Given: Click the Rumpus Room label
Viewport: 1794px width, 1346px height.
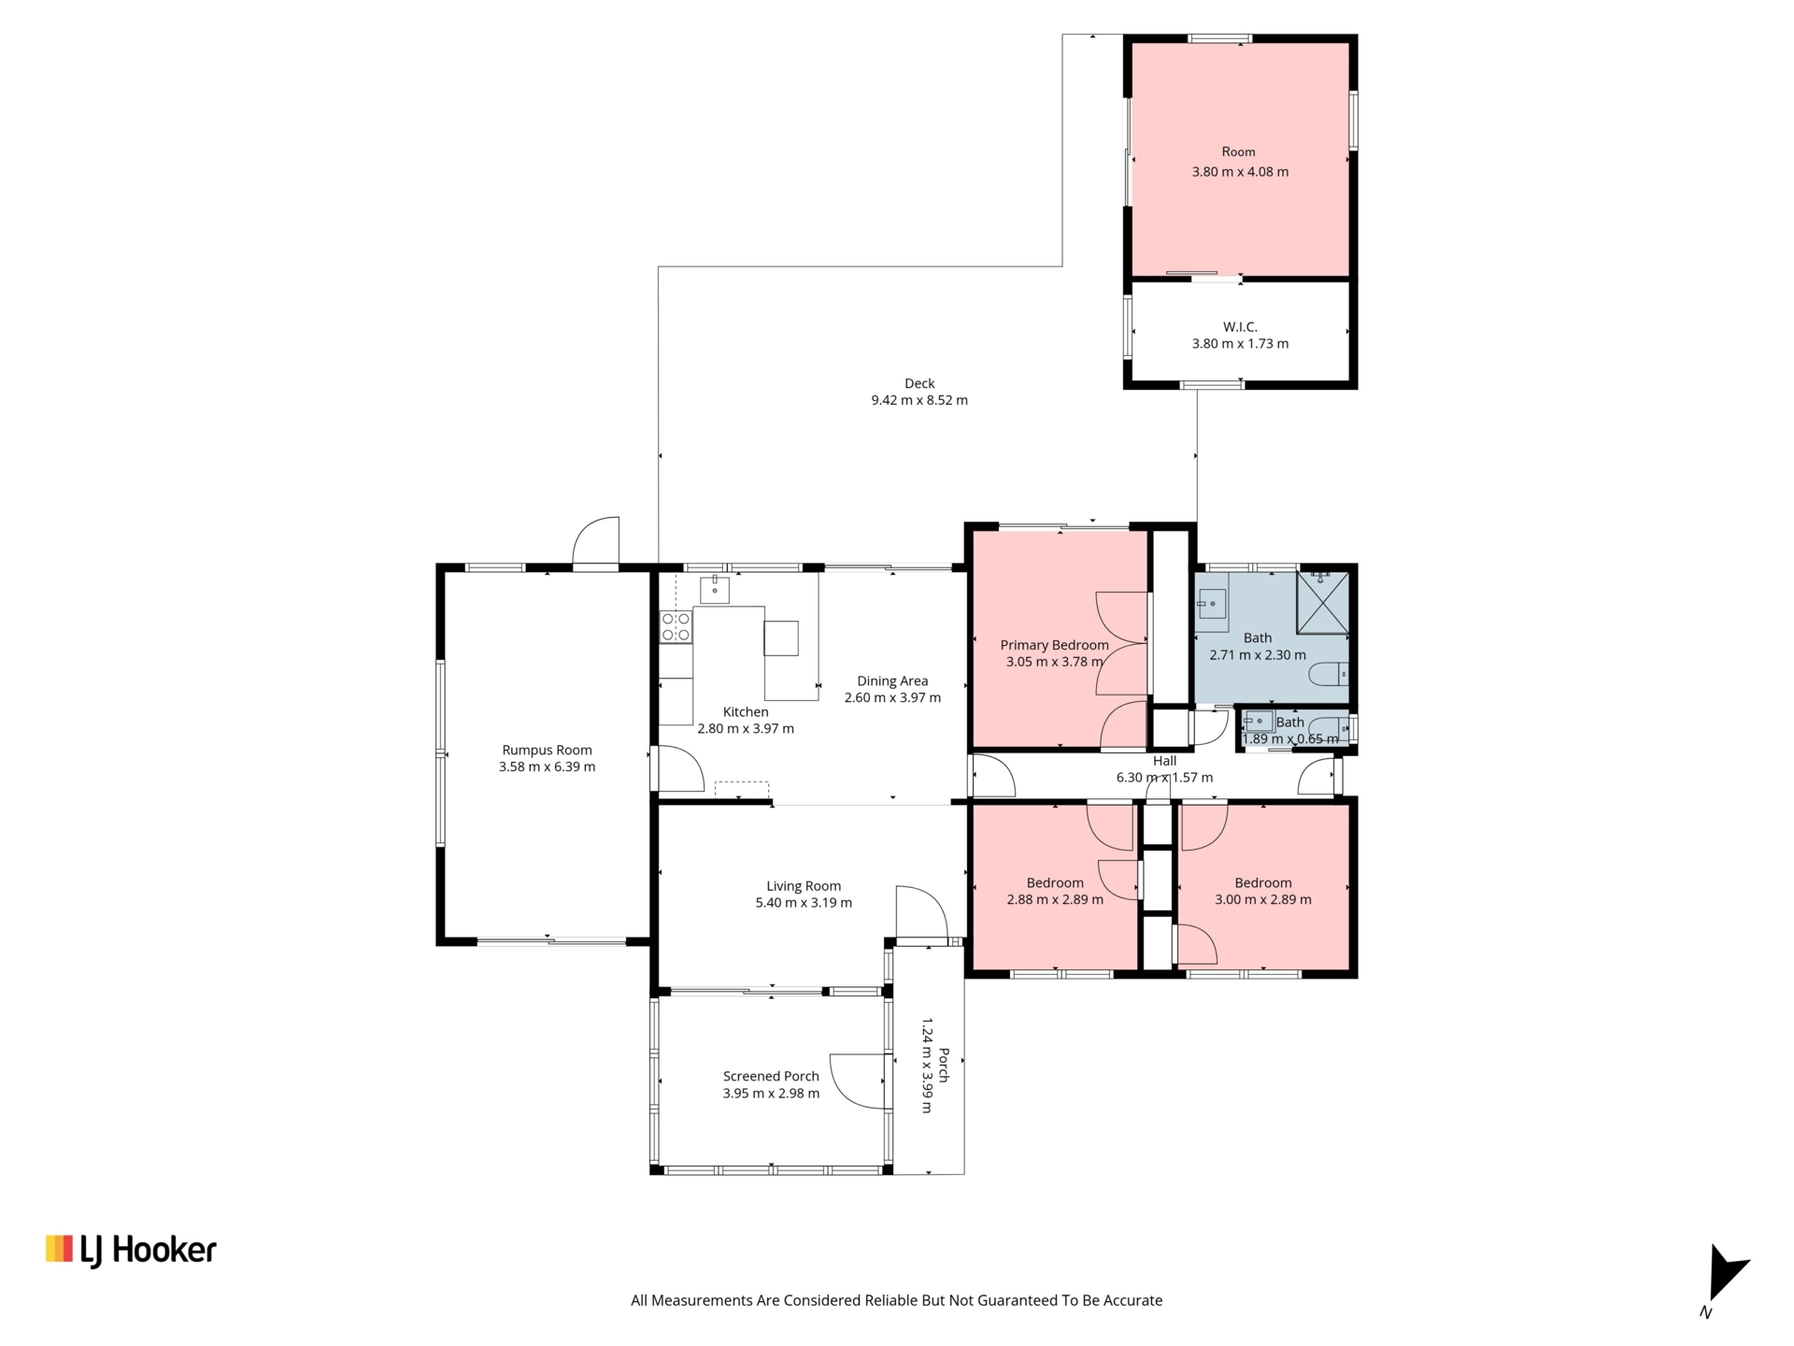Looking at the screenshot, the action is (x=547, y=750).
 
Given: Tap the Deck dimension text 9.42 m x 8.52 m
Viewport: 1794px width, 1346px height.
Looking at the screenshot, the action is (x=919, y=400).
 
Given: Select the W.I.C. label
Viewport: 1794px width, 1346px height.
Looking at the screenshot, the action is (x=1240, y=327).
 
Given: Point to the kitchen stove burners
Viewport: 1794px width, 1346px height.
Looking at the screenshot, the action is (x=676, y=626).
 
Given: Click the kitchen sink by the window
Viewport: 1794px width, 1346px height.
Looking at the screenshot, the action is (x=715, y=590).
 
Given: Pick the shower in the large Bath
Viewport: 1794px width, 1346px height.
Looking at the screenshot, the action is (x=1324, y=603).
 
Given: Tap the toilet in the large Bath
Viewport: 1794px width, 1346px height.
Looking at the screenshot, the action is (x=1328, y=674).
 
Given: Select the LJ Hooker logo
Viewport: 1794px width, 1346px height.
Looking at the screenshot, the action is (x=131, y=1251).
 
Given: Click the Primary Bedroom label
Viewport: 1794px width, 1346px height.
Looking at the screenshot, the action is (x=1054, y=645).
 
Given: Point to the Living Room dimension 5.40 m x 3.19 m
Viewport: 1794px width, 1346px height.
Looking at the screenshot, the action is (x=804, y=903).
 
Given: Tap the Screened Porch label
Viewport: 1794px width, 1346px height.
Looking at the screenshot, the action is (x=771, y=1076).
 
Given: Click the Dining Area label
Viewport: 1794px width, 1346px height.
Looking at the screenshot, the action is (x=892, y=680).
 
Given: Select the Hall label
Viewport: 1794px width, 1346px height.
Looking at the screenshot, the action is (x=1164, y=761).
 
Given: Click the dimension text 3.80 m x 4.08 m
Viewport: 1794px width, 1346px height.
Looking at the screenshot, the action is (x=1240, y=172).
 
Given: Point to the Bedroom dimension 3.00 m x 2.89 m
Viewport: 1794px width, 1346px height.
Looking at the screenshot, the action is (x=1262, y=900).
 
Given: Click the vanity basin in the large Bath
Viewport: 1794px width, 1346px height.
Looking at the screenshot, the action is (x=1212, y=604).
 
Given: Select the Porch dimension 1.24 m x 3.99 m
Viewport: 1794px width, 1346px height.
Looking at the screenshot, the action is (x=927, y=1066).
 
